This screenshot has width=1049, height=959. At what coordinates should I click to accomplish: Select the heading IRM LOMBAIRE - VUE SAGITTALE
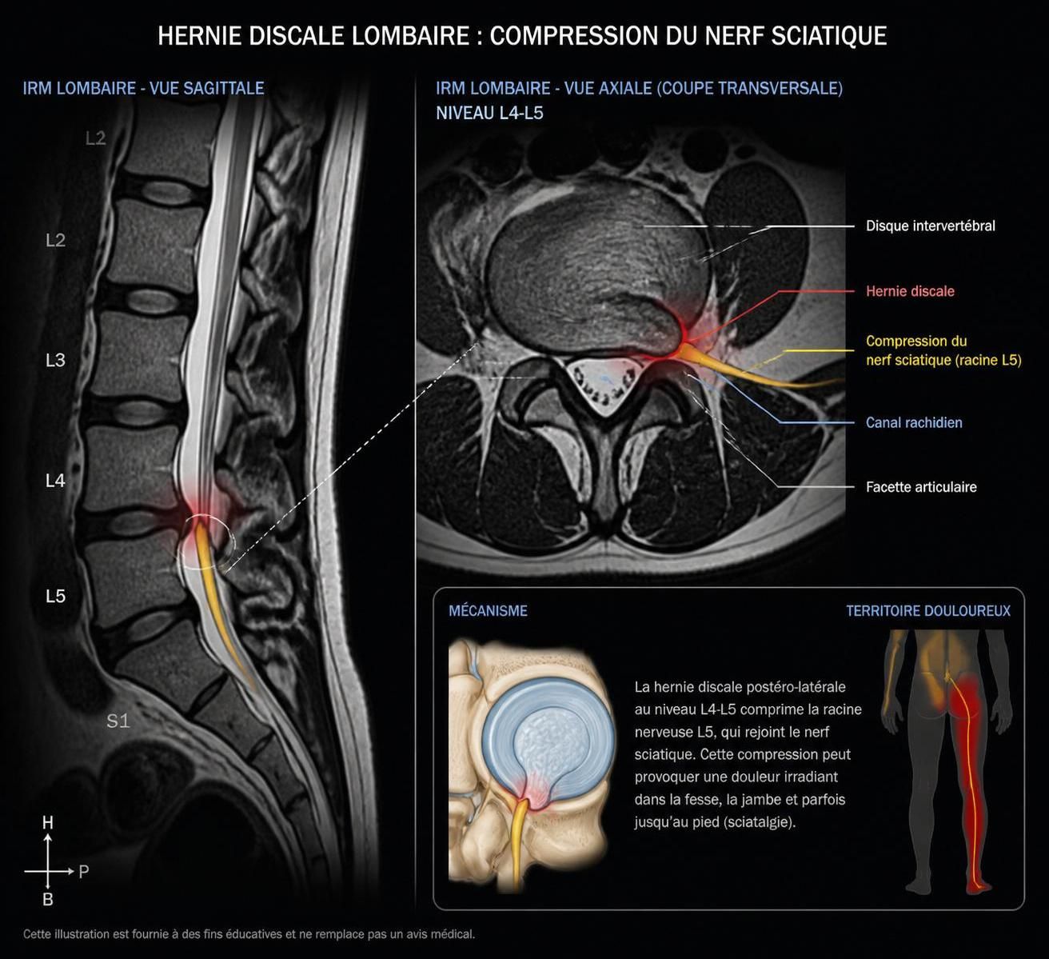point(143,89)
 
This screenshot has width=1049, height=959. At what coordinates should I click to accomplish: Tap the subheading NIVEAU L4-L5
point(489,113)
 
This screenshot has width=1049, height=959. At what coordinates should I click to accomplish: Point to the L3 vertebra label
point(55,360)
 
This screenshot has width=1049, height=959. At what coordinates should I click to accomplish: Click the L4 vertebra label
point(55,480)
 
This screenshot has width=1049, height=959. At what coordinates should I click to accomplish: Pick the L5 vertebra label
point(55,596)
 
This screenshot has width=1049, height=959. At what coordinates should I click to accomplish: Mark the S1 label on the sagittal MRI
point(118,721)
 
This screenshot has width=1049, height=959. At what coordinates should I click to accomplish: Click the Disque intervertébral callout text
point(931,226)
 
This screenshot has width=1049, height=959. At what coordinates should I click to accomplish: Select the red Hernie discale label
point(910,291)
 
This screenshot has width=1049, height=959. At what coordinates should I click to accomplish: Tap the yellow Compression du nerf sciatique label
point(943,350)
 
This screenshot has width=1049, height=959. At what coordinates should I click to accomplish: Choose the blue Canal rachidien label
point(914,422)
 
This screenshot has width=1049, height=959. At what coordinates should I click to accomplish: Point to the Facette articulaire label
point(921,487)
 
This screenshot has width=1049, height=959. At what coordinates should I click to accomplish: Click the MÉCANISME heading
point(488,610)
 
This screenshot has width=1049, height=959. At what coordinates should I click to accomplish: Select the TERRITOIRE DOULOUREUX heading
point(928,610)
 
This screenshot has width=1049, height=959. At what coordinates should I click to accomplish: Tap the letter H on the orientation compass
point(48,823)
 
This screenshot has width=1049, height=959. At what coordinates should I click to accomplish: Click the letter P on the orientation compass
point(84,872)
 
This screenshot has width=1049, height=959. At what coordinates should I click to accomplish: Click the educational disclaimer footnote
point(249,934)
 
